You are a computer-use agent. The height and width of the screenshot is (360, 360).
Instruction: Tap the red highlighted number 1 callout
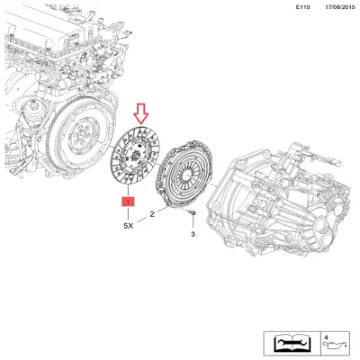(129, 203)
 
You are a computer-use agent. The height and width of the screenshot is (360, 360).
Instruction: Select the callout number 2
(153, 214)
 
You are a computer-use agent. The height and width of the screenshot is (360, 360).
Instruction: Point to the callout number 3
(192, 234)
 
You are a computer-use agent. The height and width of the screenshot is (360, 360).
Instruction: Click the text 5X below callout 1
(128, 227)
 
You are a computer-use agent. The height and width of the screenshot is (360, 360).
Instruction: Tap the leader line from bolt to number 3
(192, 222)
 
